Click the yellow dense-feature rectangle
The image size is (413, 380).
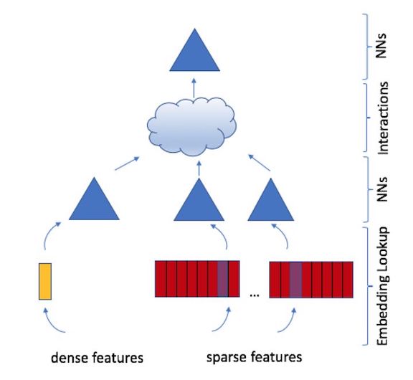(44, 280)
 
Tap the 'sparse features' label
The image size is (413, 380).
(254, 356)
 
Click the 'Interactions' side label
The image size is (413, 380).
(384, 118)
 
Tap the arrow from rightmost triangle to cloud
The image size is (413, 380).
(260, 161)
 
